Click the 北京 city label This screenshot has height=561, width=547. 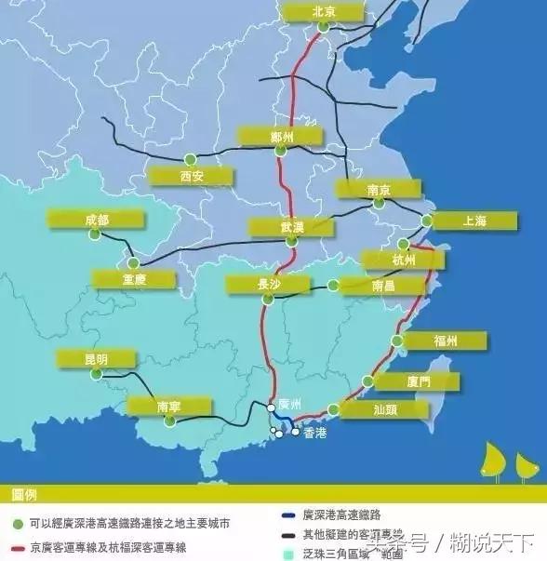[323, 11]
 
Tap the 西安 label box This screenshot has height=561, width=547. [191, 176]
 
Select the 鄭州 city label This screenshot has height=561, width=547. [281, 137]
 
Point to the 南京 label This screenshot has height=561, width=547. [378, 189]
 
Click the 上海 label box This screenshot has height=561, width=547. [474, 220]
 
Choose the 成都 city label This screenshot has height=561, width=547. [96, 220]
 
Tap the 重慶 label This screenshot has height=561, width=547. [134, 278]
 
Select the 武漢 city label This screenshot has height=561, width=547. [292, 227]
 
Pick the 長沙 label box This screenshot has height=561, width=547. [269, 285]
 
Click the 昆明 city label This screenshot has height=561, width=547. [96, 358]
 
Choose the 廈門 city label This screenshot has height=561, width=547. [418, 381]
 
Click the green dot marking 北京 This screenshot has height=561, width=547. [323, 28]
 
